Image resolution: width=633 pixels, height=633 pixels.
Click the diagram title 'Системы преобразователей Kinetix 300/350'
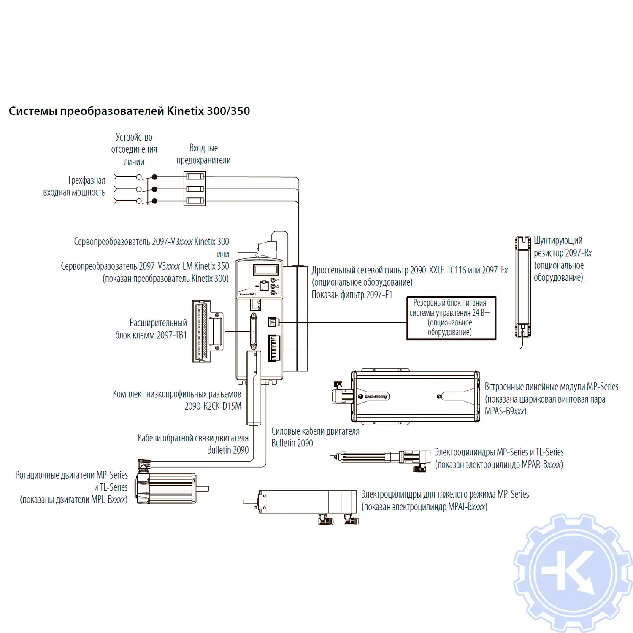pyautogui.click(x=129, y=111)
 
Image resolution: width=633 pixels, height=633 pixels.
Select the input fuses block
pyautogui.click(x=195, y=189)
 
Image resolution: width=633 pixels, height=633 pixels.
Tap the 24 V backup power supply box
pyautogui.click(x=451, y=318)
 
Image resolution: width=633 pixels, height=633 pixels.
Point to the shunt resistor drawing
pyautogui.click(x=523, y=287)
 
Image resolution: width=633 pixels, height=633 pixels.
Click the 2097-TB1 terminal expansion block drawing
pyautogui.click(x=207, y=331)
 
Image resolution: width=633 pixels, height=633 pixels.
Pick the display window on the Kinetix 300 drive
pyautogui.click(x=265, y=269)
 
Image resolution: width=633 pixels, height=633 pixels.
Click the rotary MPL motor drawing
pyautogui.click(x=167, y=487)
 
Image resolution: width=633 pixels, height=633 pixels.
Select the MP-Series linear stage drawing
pyautogui.click(x=416, y=396)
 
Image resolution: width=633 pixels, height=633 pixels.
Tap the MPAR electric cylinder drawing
pyautogui.click(x=380, y=457)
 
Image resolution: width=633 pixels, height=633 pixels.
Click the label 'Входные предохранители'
pyautogui.click(x=203, y=154)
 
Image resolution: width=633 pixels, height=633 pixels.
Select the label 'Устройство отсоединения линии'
pyautogui.click(x=134, y=149)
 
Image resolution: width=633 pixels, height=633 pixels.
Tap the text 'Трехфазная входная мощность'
pyautogui.click(x=75, y=186)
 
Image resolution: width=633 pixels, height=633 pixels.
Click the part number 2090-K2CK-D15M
pyautogui.click(x=213, y=406)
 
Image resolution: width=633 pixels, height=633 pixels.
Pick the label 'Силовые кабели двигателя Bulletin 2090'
pyautogui.click(x=315, y=437)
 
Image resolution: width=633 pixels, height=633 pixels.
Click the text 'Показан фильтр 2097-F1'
pyautogui.click(x=352, y=295)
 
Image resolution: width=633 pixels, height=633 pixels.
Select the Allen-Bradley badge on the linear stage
pyautogui.click(x=373, y=396)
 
